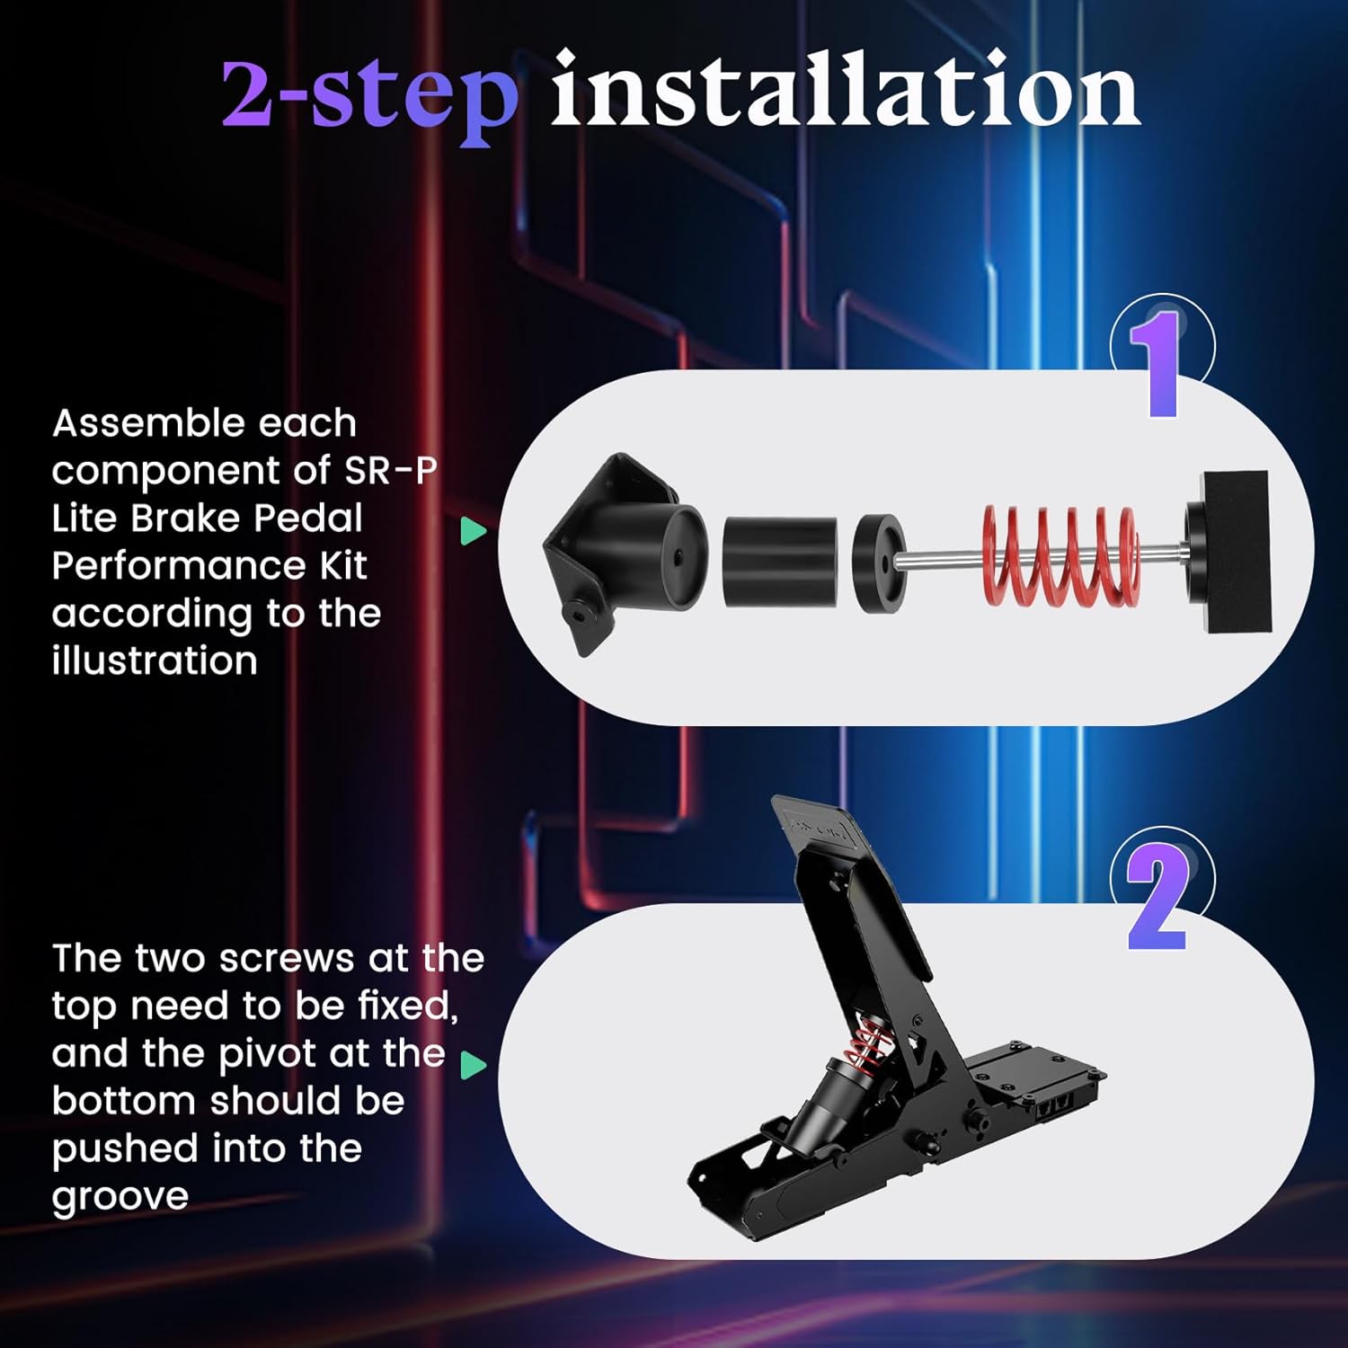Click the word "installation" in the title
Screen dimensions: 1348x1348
pos(845,90)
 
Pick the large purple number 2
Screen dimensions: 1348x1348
pos(1157,899)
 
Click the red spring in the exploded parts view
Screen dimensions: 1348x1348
pos(1060,554)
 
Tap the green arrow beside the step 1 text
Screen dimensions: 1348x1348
pos(473,530)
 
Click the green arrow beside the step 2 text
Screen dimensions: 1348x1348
pos(473,1065)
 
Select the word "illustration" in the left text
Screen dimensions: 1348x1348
pos(155,661)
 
